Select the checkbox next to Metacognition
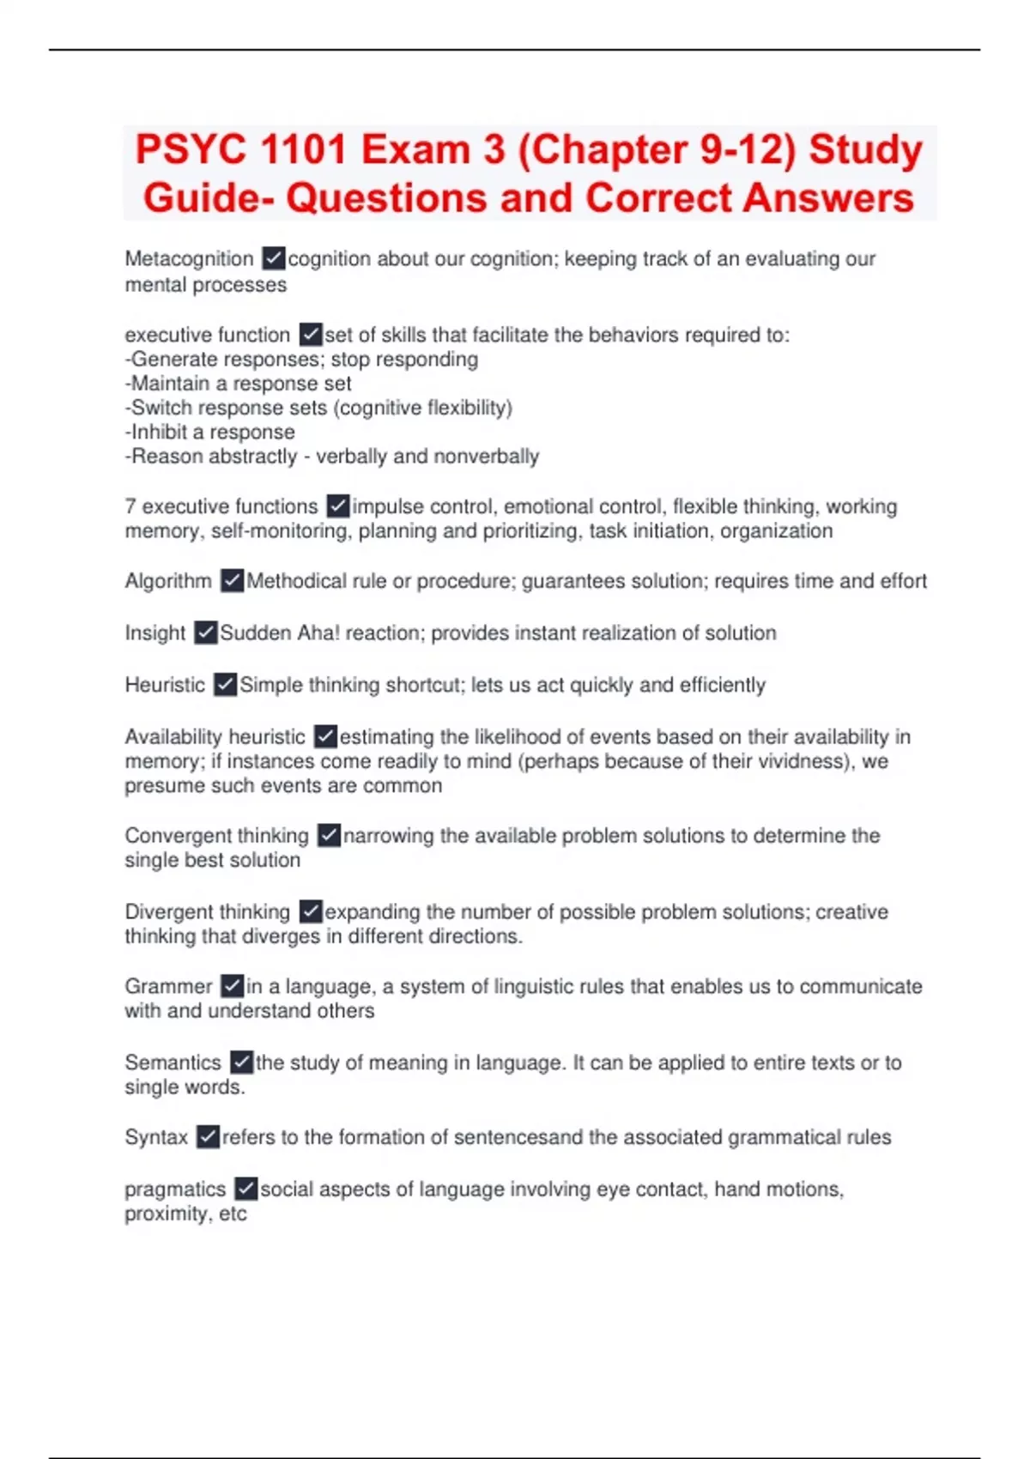click(274, 257)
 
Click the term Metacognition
click(189, 258)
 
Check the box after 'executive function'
click(311, 334)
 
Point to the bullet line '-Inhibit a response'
click(210, 432)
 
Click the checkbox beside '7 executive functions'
click(338, 506)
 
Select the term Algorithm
click(168, 581)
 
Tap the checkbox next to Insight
click(206, 633)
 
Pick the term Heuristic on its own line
click(165, 685)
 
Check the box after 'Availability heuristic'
click(325, 736)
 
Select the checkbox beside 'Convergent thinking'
click(329, 835)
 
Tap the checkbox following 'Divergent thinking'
click(311, 911)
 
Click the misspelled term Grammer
click(168, 986)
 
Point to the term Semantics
click(173, 1062)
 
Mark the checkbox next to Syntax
click(209, 1137)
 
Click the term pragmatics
click(175, 1190)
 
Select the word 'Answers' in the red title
click(828, 198)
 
